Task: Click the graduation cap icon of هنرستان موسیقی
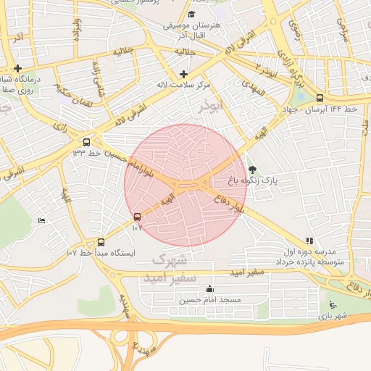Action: click(x=191, y=14)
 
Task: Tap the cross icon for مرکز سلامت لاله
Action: click(x=183, y=74)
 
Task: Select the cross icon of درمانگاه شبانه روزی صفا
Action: click(x=17, y=68)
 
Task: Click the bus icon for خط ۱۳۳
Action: click(x=87, y=142)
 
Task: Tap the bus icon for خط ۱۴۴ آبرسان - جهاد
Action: click(x=320, y=99)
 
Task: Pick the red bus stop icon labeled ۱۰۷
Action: click(x=138, y=217)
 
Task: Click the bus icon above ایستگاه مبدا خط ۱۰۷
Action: click(x=101, y=242)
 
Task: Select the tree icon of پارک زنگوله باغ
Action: click(x=252, y=168)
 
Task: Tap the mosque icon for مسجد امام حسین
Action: click(x=209, y=289)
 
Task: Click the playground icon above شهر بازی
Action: click(x=333, y=305)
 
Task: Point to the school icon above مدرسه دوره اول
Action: click(x=310, y=241)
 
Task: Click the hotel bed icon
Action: click(x=41, y=220)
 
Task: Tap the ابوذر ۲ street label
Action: click(x=266, y=70)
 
